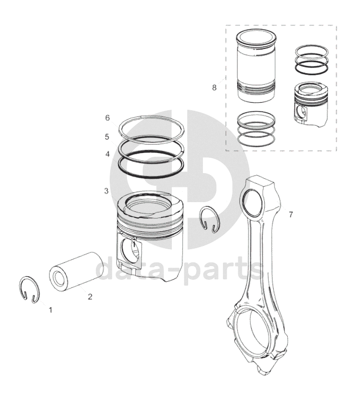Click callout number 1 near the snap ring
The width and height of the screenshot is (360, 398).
50,310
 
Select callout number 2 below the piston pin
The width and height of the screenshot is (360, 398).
90,296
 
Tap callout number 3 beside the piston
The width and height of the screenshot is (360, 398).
106,191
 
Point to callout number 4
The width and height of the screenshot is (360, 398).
107,154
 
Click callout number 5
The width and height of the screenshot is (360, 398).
107,137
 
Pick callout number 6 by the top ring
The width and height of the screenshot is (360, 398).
107,118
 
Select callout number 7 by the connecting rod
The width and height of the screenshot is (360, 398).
290,215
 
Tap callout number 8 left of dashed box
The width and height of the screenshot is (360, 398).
214,88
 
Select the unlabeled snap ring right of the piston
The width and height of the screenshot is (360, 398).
209,219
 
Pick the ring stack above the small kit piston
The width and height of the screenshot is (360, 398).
312,60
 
